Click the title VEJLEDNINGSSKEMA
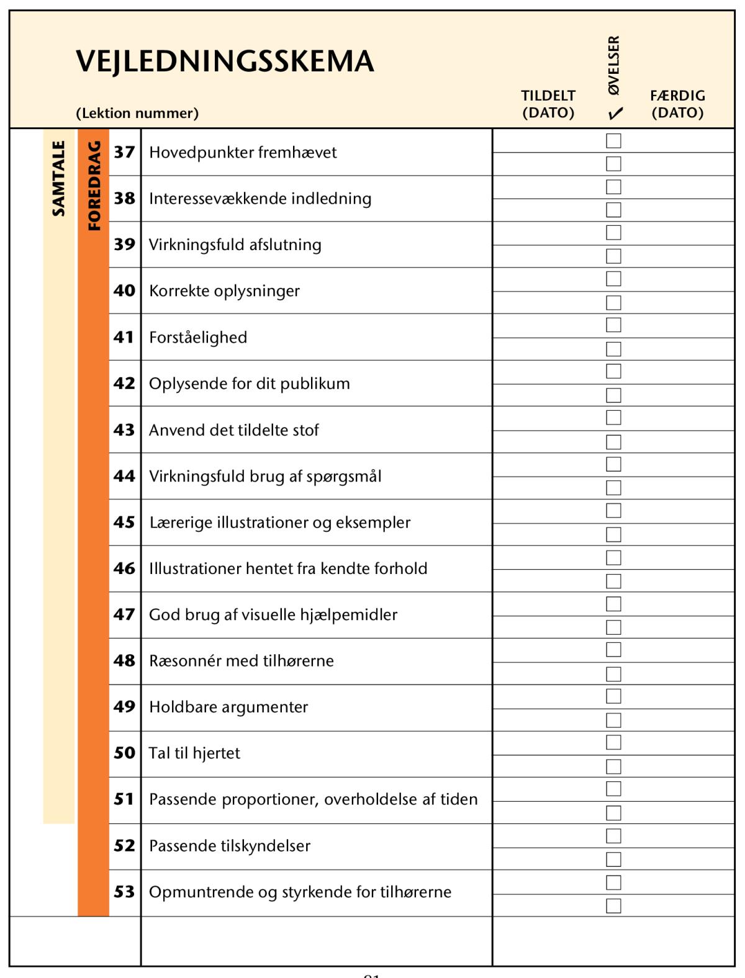(x=225, y=61)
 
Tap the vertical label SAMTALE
(x=58, y=179)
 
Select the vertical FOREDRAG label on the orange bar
(x=94, y=186)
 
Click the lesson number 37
(x=124, y=152)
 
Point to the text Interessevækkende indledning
(x=260, y=199)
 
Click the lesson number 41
(x=124, y=337)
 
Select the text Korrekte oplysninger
(x=224, y=291)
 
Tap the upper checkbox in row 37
(x=613, y=141)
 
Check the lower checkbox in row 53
(x=613, y=906)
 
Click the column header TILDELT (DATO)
(x=548, y=104)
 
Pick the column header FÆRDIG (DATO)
(x=677, y=104)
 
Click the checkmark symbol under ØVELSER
(x=615, y=114)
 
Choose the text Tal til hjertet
(x=194, y=753)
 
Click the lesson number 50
(x=124, y=753)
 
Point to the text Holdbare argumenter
(x=228, y=707)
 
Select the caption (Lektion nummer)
(x=137, y=114)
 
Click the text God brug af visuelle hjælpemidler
(x=273, y=615)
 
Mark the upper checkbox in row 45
(x=613, y=511)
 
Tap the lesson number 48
(x=124, y=660)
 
